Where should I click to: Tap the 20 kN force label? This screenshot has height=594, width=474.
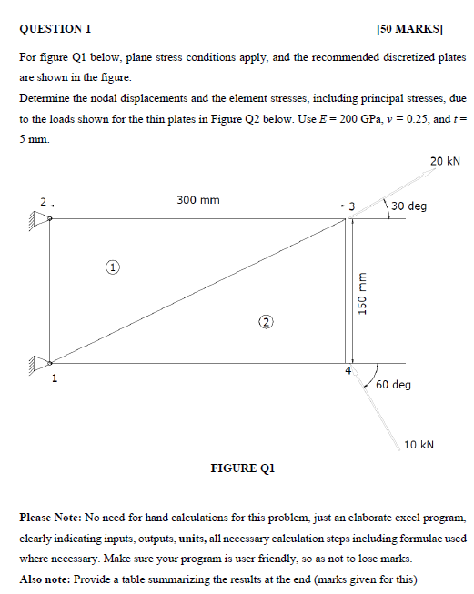(446, 162)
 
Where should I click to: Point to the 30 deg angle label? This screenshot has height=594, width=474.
(408, 206)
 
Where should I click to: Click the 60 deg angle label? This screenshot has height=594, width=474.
(393, 385)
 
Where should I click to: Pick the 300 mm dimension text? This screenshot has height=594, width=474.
(197, 200)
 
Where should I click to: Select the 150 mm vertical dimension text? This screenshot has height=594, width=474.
(361, 293)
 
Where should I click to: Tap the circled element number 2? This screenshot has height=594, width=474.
(265, 321)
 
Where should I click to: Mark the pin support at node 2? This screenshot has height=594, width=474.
(40, 217)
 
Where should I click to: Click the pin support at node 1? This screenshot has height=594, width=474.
(40, 363)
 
